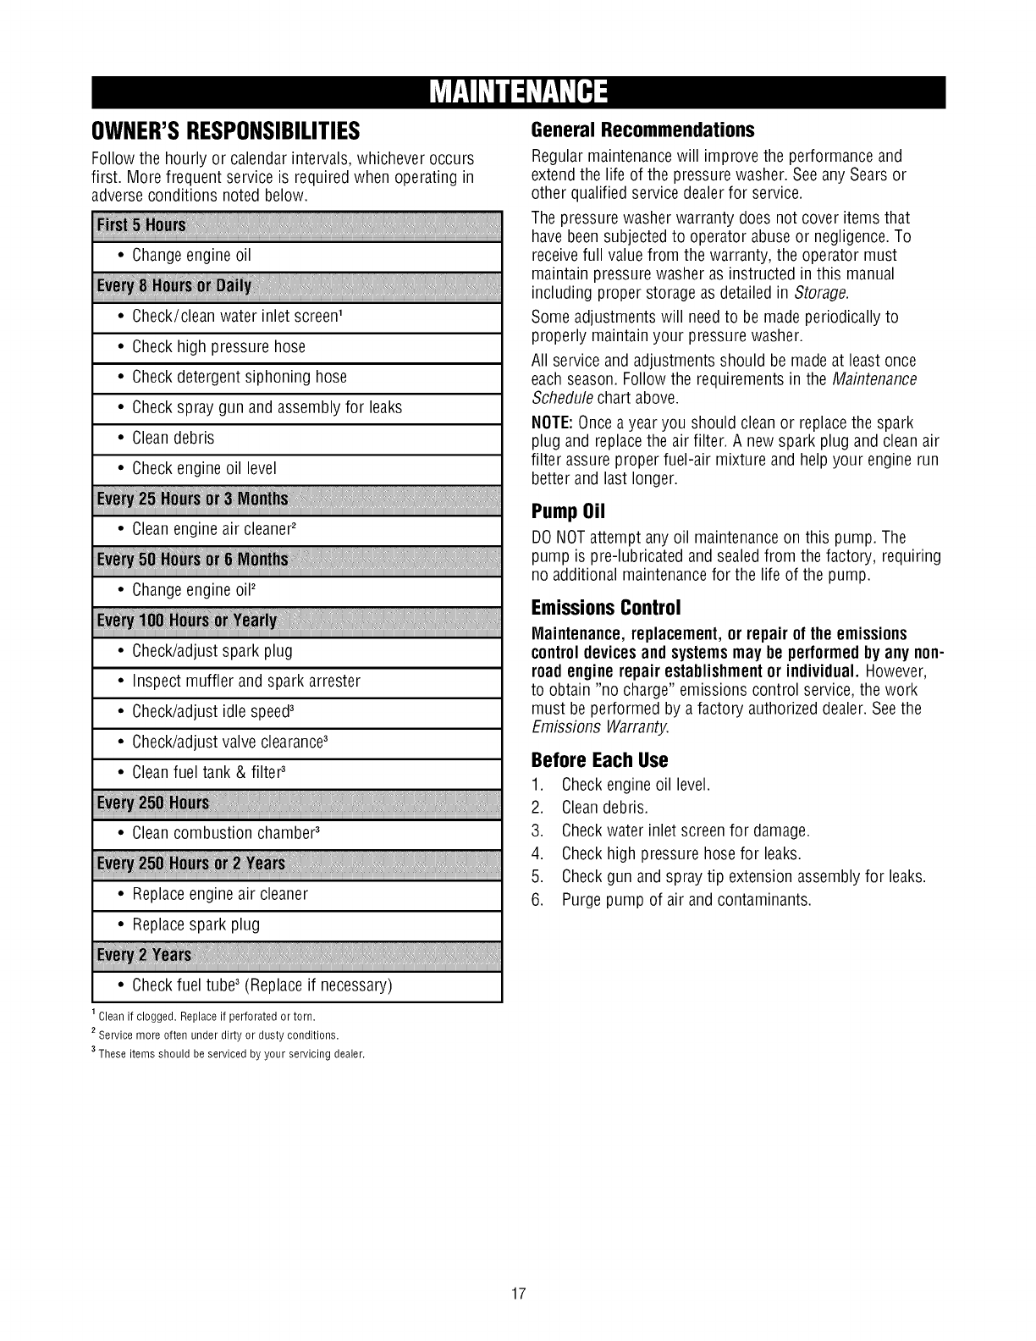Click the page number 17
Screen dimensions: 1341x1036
[x=518, y=1294]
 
